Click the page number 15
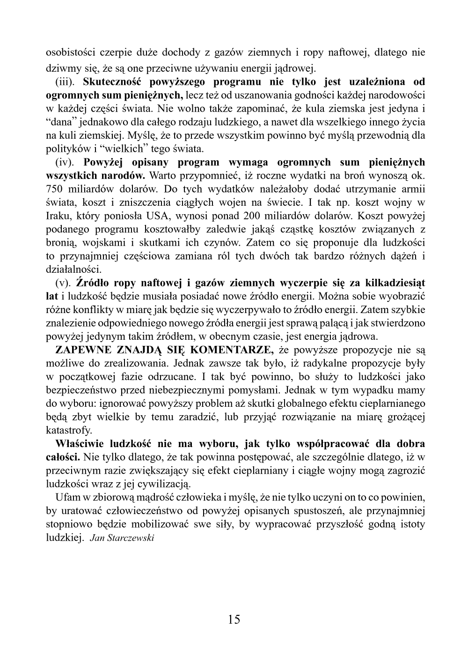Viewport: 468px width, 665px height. (x=234, y=620)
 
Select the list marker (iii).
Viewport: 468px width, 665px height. (x=66, y=82)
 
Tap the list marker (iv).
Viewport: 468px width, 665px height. (x=66, y=163)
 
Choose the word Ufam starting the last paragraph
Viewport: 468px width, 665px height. (x=66, y=497)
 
